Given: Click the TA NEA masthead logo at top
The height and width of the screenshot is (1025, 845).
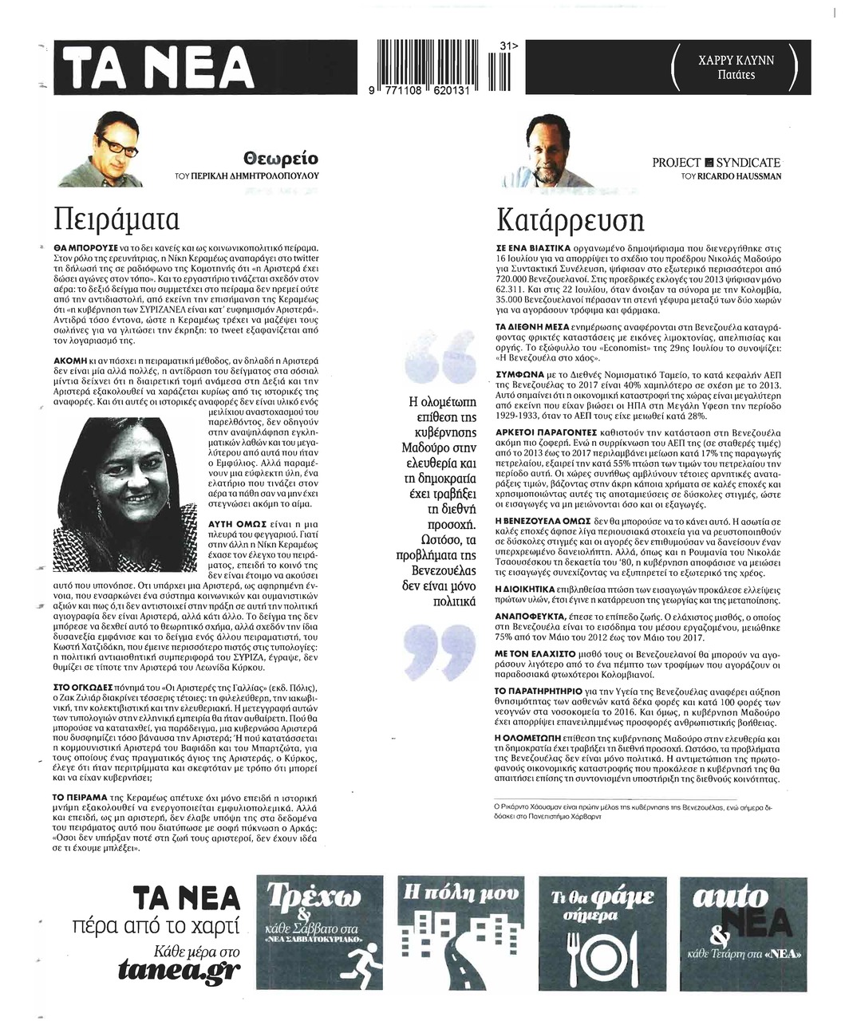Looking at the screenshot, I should [x=159, y=68].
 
